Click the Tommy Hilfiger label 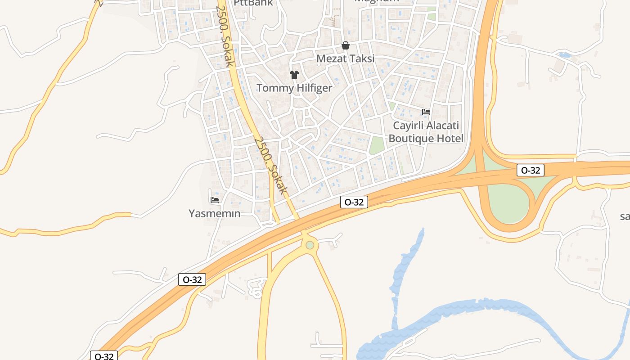[294, 88]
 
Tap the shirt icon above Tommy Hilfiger [294, 74]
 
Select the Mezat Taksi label [345, 58]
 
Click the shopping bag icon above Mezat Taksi [346, 45]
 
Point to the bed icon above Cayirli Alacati [426, 112]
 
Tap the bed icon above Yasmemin [215, 200]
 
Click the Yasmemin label [215, 213]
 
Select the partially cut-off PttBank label [253, 3]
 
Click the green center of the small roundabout [310, 245]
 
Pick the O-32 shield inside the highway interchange [531, 170]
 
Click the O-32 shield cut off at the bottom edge [104, 356]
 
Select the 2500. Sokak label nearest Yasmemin [270, 165]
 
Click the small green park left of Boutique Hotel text [377, 145]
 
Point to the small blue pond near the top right [564, 55]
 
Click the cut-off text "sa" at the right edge [625, 216]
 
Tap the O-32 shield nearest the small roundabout [354, 202]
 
